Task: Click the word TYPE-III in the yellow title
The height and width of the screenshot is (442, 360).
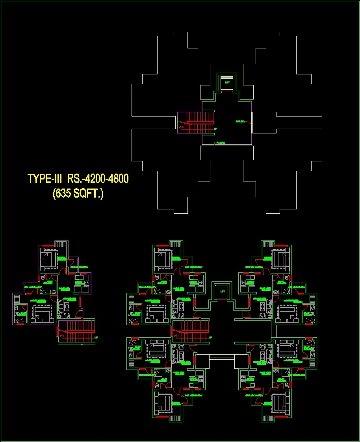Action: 45,179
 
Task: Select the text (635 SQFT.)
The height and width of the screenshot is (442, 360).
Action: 78,193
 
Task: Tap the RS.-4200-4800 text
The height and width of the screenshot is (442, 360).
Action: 98,179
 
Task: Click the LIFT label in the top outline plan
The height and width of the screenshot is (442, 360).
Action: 227,82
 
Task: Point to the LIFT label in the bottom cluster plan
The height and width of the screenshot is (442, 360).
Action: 223,292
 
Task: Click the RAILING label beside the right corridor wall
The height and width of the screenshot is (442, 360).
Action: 240,121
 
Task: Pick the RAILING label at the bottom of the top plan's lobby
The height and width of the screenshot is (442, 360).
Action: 221,142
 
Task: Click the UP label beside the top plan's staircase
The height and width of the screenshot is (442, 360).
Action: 215,129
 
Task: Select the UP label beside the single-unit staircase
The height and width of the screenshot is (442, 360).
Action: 96,337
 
